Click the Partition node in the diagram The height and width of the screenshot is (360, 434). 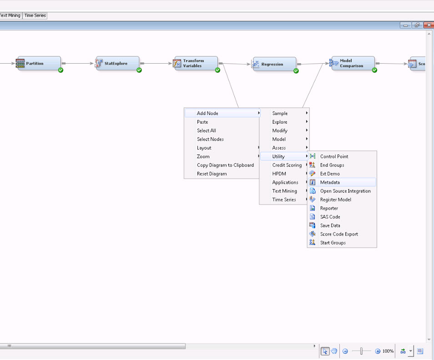point(38,63)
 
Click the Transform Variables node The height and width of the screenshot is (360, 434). point(196,63)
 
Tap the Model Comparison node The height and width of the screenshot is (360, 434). point(353,63)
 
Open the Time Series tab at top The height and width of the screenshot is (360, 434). point(35,15)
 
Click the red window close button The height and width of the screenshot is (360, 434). point(429,25)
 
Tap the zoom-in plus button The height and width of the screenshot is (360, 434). point(378,351)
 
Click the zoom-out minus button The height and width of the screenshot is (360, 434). point(345,351)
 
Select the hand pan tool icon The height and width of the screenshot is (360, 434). point(334,351)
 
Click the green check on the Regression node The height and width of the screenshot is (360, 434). point(296,71)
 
